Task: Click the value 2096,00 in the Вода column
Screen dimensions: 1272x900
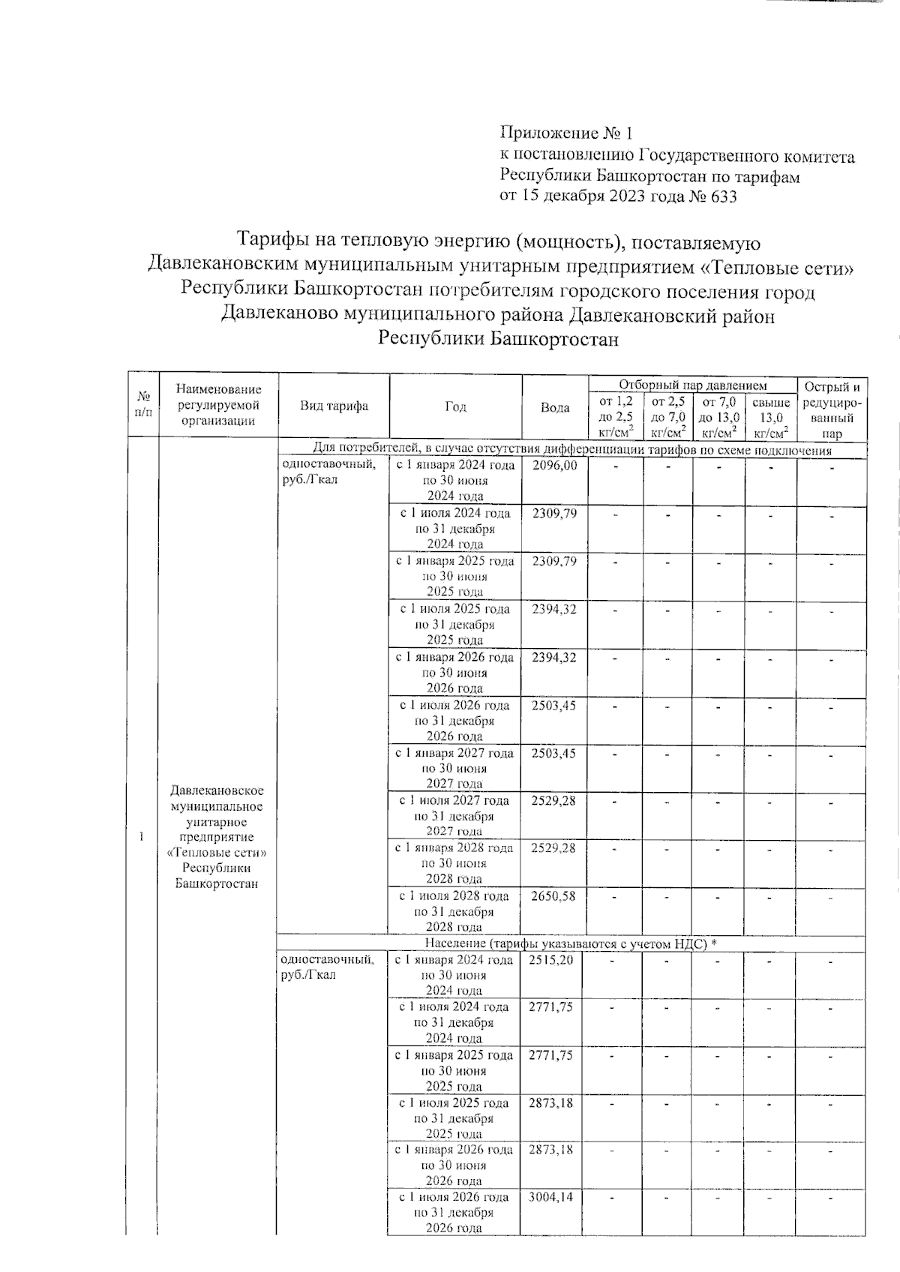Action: pyautogui.click(x=554, y=466)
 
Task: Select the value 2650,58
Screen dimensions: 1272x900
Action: pyautogui.click(x=553, y=896)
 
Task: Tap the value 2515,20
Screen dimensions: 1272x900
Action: pyautogui.click(x=551, y=960)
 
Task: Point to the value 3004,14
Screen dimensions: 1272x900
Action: pyautogui.click(x=551, y=1197)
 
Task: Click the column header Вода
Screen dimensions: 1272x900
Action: pyautogui.click(x=555, y=408)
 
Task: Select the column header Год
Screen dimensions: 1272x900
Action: pyautogui.click(x=455, y=406)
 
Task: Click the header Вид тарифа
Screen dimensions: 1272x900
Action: pyautogui.click(x=334, y=406)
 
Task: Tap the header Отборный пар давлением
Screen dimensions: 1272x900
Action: pyautogui.click(x=692, y=385)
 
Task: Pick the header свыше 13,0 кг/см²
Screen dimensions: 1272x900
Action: pyautogui.click(x=771, y=417)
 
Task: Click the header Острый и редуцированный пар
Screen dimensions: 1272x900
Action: pyautogui.click(x=832, y=409)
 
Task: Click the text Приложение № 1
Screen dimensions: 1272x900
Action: pyautogui.click(x=566, y=133)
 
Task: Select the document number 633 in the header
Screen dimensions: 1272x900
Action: pyautogui.click(x=723, y=197)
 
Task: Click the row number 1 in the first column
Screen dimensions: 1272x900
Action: pyautogui.click(x=142, y=837)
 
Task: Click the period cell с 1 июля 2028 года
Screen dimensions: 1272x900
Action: pyautogui.click(x=454, y=896)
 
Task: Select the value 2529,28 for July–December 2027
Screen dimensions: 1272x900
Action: pyautogui.click(x=553, y=801)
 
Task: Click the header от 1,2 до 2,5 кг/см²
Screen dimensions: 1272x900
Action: pyautogui.click(x=616, y=417)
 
